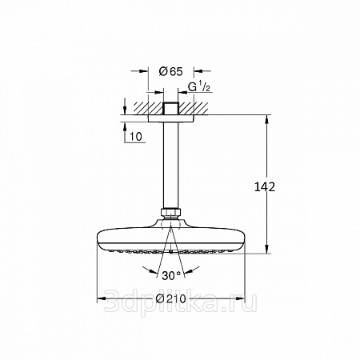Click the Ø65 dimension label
pos(170,71)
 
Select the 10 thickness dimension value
pos(136,137)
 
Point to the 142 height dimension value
pos(265,187)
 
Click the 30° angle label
pos(171,275)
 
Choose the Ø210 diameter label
pos(171,298)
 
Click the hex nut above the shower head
pos(171,213)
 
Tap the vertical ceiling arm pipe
pos(171,166)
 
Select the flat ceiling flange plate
pos(171,118)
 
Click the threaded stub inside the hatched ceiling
pos(171,109)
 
